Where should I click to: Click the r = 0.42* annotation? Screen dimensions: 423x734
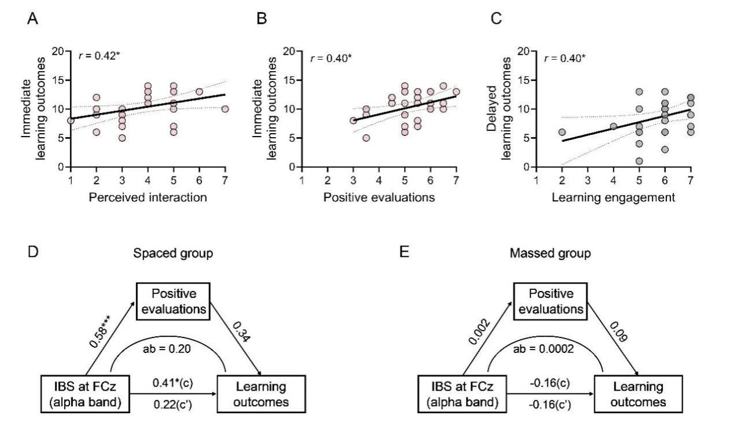tap(98, 57)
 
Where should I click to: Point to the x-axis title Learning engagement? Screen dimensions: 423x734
tap(614, 198)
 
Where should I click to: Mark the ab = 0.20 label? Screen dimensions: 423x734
tap(168, 349)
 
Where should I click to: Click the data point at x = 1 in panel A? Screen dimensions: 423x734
tap(71, 120)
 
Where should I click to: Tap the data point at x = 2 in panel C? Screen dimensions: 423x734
tap(562, 132)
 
